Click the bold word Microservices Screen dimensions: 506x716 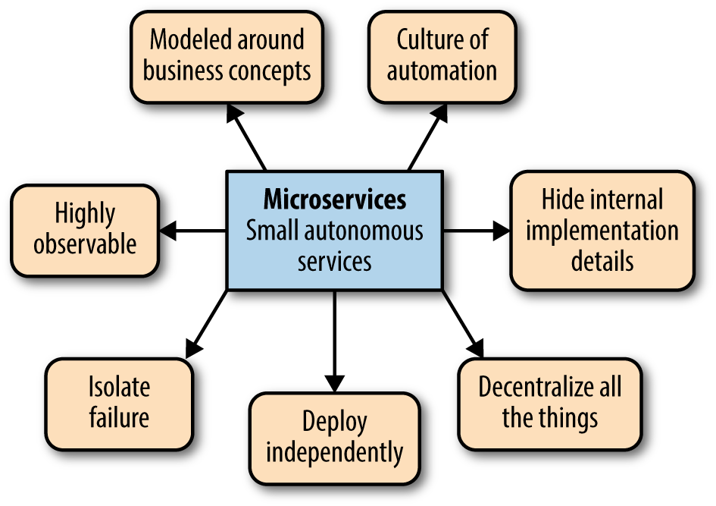click(x=334, y=199)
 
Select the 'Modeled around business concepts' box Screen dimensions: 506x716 click(x=227, y=56)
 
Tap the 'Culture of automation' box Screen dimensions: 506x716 click(x=442, y=56)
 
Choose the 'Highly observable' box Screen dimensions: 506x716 click(x=84, y=229)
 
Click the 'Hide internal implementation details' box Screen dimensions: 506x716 click(x=602, y=231)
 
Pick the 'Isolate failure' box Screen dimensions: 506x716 click(x=119, y=403)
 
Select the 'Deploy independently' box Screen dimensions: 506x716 click(x=334, y=438)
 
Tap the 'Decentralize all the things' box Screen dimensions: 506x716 click(x=549, y=403)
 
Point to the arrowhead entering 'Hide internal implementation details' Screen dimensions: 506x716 click(x=500, y=231)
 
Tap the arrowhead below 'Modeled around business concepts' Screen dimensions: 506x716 click(x=233, y=112)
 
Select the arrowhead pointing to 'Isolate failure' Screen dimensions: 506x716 click(x=192, y=348)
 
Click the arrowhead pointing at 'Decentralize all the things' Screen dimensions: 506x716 click(x=475, y=348)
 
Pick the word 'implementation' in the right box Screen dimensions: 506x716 click(x=602, y=231)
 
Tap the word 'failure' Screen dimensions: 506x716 click(x=119, y=417)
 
